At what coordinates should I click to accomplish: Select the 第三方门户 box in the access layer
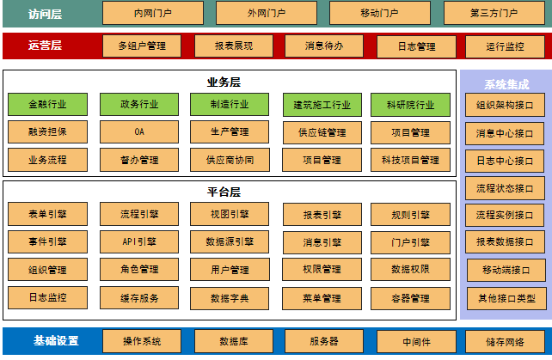pyautogui.click(x=494, y=13)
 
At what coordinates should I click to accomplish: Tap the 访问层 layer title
pyautogui.click(x=46, y=14)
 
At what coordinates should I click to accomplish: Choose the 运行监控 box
pyautogui.click(x=505, y=46)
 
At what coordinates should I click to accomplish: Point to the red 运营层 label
pyautogui.click(x=46, y=46)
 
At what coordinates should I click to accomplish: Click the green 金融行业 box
pyautogui.click(x=47, y=105)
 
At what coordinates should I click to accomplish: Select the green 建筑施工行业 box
pyautogui.click(x=322, y=106)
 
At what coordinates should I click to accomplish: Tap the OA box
pyautogui.click(x=139, y=132)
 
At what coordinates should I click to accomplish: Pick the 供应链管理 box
pyautogui.click(x=322, y=133)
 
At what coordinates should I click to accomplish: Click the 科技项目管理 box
pyautogui.click(x=409, y=160)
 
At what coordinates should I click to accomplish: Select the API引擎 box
pyautogui.click(x=139, y=242)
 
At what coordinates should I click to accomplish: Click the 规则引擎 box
pyautogui.click(x=409, y=215)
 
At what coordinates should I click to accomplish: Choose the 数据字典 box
pyautogui.click(x=229, y=298)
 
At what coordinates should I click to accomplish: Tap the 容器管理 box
pyautogui.click(x=409, y=298)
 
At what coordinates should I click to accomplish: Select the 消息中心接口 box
pyautogui.click(x=505, y=133)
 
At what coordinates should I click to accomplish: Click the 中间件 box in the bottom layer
pyautogui.click(x=416, y=340)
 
